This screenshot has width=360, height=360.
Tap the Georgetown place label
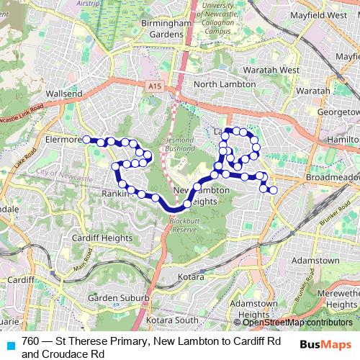[x=338, y=113]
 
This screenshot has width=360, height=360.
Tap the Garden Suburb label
[x=118, y=297]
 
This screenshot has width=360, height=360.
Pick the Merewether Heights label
[x=334, y=300]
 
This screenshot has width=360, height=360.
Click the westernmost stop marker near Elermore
[x=86, y=139]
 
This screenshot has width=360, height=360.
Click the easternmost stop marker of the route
[x=273, y=190]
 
